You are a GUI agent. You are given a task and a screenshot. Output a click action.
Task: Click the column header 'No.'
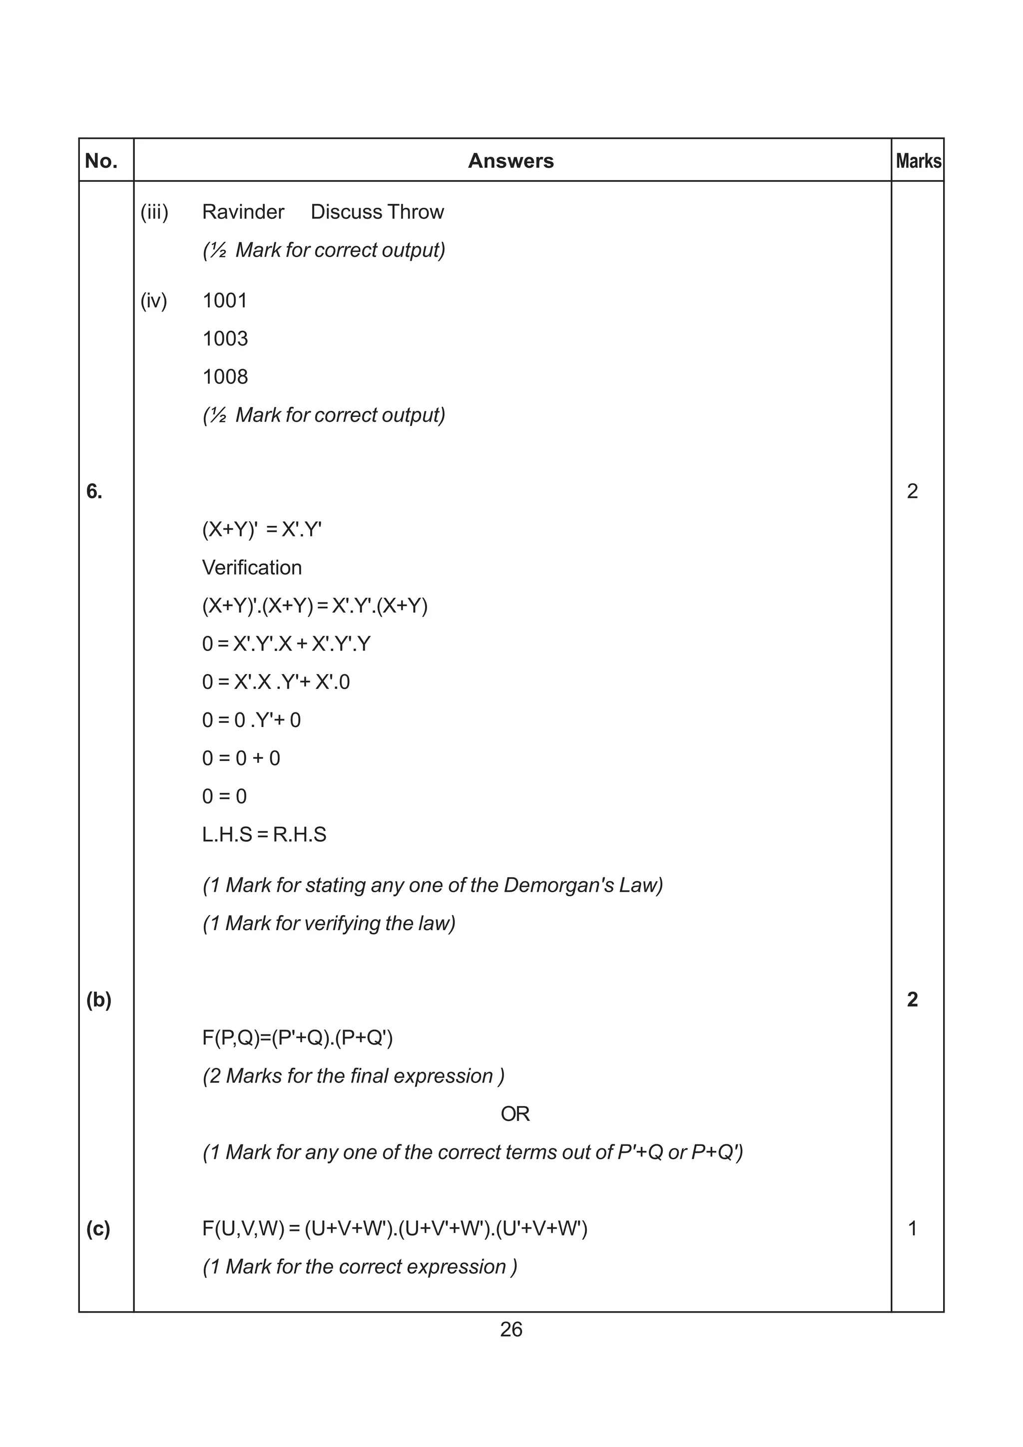(101, 161)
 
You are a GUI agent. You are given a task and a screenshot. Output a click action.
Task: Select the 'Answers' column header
(511, 161)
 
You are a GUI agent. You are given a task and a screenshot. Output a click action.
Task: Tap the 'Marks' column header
(919, 161)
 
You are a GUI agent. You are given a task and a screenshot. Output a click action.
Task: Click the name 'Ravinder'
(243, 212)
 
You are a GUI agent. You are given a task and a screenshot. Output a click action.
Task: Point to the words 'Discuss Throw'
(377, 212)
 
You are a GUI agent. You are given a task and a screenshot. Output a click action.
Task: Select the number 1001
(225, 301)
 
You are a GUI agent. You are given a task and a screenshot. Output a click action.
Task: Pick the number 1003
(225, 339)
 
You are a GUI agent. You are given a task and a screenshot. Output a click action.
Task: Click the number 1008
(225, 377)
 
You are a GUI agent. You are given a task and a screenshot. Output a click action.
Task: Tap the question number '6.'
(94, 492)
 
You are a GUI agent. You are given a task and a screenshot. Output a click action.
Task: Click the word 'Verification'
(251, 568)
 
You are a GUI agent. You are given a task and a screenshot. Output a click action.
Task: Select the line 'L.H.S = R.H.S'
(264, 834)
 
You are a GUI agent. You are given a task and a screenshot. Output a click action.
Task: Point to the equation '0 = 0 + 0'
(241, 758)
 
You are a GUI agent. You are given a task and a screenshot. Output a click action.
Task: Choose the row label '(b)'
(98, 1000)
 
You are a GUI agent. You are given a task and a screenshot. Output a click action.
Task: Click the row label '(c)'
(98, 1228)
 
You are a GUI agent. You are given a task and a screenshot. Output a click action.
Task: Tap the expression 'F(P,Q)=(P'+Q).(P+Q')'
(298, 1038)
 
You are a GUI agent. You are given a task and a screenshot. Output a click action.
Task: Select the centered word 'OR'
(515, 1114)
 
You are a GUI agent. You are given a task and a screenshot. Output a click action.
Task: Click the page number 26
(511, 1329)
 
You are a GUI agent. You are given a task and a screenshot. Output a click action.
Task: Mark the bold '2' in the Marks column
(912, 1000)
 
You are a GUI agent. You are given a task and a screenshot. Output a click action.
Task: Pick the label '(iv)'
(154, 301)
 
